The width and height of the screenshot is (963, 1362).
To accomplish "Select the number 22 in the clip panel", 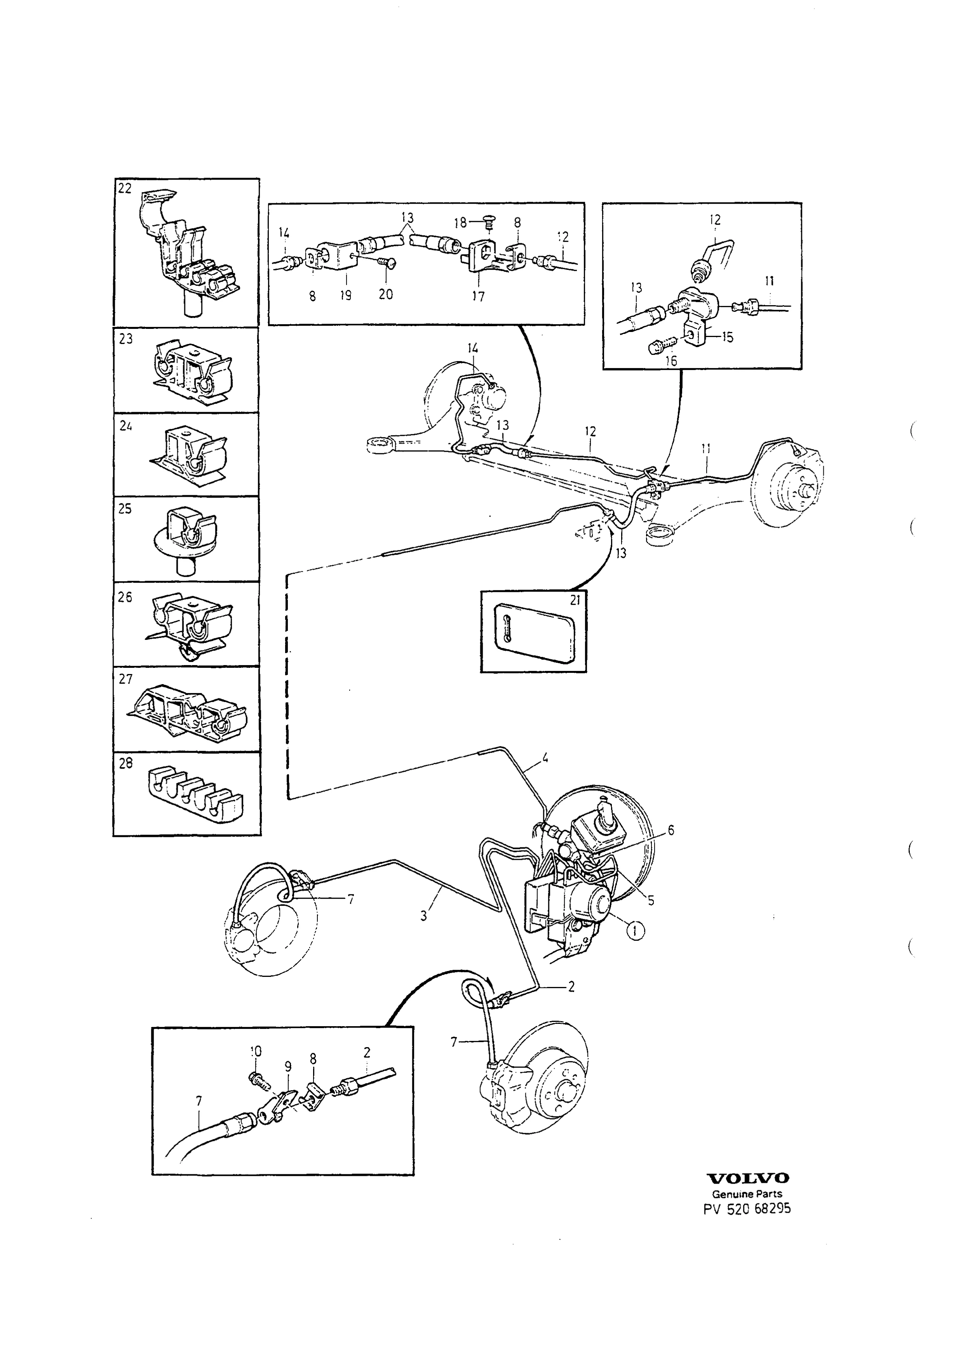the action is coord(125,188).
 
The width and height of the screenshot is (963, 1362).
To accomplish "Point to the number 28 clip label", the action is coord(126,764).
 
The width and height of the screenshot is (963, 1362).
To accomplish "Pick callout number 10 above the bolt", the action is coord(256,1051).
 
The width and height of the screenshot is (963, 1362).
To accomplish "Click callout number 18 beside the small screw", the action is coord(461,223).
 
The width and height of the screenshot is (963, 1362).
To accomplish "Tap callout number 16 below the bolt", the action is coord(671,361).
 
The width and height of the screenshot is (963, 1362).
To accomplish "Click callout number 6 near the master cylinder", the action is coord(671,830).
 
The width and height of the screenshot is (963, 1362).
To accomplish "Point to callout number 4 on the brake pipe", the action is coord(545,757).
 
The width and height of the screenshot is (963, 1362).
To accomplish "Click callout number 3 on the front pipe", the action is coord(424,916).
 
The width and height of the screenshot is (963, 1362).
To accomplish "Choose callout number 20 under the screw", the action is coord(386,294).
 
